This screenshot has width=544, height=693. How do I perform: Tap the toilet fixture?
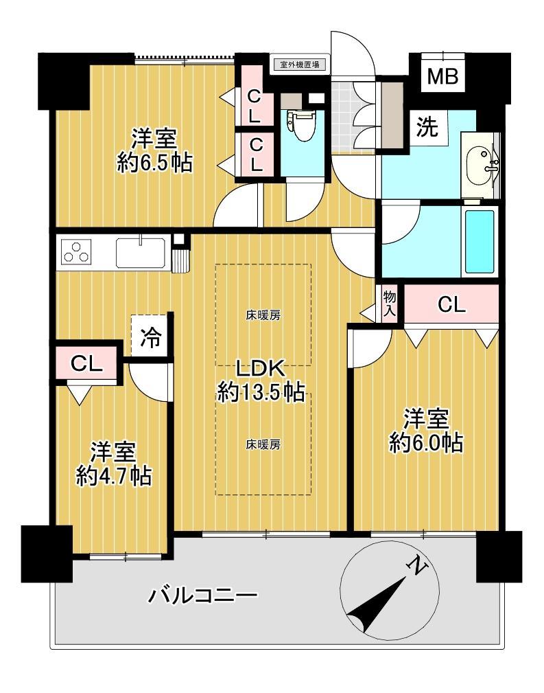tap(302, 125)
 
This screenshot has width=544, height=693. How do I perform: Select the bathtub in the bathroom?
tap(480, 241)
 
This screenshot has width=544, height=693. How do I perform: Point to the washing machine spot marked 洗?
tap(427, 128)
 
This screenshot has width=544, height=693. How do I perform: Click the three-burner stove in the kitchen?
tap(76, 252)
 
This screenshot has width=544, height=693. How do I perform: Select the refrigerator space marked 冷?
tap(150, 337)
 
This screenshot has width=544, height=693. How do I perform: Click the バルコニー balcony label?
tap(202, 595)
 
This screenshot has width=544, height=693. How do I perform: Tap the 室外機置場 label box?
tap(300, 65)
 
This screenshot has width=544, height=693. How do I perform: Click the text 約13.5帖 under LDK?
tap(261, 391)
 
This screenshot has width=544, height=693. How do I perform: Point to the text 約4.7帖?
tap(114, 477)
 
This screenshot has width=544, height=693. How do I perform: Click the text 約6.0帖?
tap(426, 442)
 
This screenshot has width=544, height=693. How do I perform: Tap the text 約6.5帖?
tap(154, 163)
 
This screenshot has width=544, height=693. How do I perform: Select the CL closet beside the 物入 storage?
tap(451, 304)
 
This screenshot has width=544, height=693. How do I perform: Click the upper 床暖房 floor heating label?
tap(263, 315)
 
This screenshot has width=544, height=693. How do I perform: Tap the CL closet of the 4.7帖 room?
tap(87, 363)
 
